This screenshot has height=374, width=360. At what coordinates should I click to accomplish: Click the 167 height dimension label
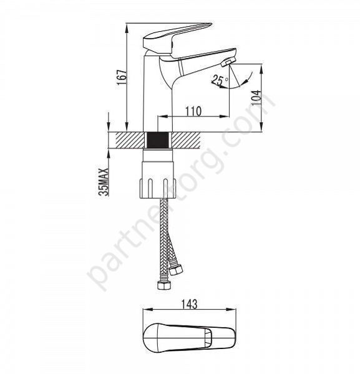tap(121, 77)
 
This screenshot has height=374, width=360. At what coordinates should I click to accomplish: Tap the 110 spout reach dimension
tap(193, 111)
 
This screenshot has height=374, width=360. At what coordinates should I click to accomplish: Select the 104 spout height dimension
tap(256, 98)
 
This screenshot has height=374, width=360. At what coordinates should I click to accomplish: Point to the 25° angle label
tap(220, 80)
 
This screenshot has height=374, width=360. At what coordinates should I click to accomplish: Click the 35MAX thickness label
tap(104, 182)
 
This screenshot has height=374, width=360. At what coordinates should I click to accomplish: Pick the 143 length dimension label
tap(190, 304)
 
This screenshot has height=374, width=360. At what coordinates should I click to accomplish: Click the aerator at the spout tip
tap(228, 62)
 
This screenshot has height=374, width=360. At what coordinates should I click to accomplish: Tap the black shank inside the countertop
tap(158, 140)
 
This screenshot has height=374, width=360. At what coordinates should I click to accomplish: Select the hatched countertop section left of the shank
tap(130, 140)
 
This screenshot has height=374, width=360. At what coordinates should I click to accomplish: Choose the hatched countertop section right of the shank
tap(186, 140)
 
